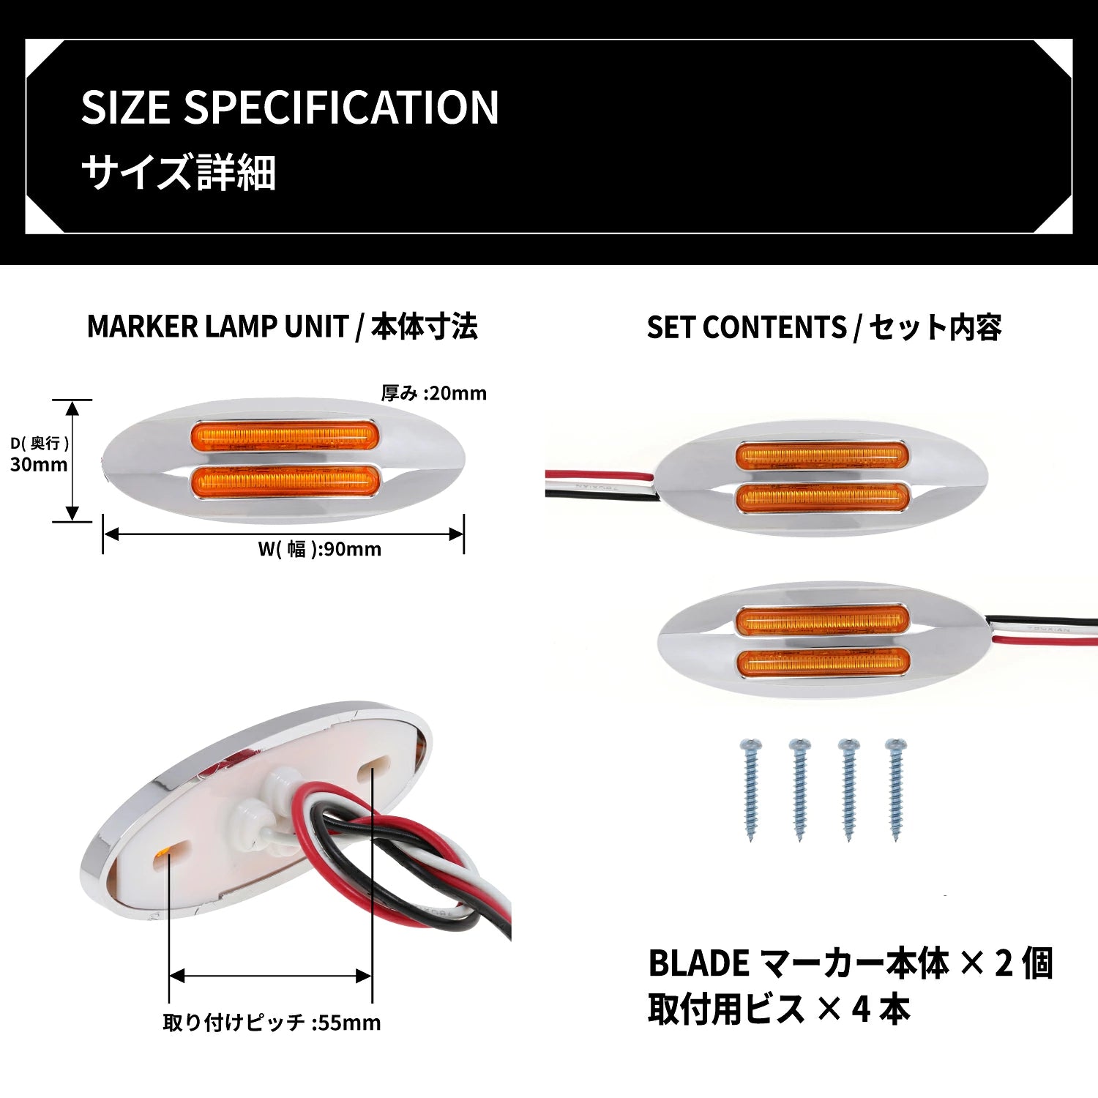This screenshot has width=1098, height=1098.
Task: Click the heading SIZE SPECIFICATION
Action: (x=290, y=107)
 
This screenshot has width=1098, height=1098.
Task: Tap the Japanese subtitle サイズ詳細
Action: (x=178, y=173)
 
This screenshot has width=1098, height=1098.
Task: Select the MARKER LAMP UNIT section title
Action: (x=217, y=326)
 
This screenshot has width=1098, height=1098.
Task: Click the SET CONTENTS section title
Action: (x=747, y=327)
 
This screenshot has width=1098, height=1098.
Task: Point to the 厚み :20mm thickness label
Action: (x=434, y=393)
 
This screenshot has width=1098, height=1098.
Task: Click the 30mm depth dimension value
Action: (x=39, y=464)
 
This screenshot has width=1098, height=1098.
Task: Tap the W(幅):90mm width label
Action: (x=320, y=549)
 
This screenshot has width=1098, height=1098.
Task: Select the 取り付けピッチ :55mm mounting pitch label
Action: (x=272, y=1022)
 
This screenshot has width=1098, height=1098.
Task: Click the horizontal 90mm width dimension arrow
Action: (x=283, y=534)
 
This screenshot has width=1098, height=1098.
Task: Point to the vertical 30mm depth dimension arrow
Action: (x=72, y=460)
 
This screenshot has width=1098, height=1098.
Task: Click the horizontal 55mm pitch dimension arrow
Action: (x=270, y=976)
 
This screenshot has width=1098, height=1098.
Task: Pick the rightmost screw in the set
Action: (x=896, y=788)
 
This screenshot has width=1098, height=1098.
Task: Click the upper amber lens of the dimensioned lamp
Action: (x=285, y=436)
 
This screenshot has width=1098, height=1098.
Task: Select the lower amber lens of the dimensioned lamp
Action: (x=285, y=481)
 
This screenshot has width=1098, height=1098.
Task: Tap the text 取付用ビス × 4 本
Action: (x=779, y=1009)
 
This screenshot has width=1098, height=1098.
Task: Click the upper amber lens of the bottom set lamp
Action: (x=822, y=621)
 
